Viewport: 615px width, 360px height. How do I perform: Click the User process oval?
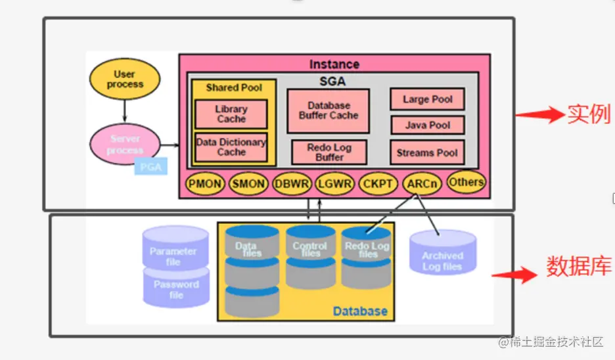click(125, 79)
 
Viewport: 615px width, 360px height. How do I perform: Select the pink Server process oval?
click(125, 145)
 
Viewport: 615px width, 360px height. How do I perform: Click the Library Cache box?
click(231, 114)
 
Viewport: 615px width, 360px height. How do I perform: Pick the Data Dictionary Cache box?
click(231, 147)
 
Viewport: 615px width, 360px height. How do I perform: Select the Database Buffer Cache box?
click(329, 110)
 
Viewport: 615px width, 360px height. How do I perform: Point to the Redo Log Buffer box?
click(329, 152)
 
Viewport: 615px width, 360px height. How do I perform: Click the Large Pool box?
click(428, 99)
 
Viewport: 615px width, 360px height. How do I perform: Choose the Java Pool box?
click(428, 125)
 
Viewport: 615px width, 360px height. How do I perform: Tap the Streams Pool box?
click(427, 152)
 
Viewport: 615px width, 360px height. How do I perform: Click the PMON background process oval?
click(206, 185)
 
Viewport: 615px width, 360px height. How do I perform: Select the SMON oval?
click(249, 185)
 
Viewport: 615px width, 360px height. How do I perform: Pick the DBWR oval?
click(292, 185)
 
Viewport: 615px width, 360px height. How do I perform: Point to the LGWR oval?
click(335, 185)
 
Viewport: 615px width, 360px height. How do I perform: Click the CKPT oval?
click(378, 185)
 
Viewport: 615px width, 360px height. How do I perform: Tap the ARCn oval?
click(422, 185)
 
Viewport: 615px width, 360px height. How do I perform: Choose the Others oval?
click(467, 182)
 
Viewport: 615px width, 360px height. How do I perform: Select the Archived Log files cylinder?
click(442, 256)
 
